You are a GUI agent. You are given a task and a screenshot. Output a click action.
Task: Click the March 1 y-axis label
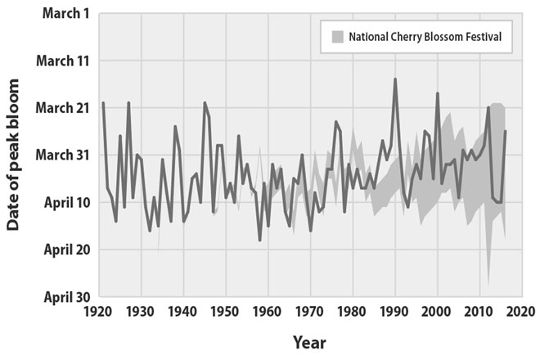57,14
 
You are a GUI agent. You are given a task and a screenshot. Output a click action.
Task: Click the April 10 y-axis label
56,201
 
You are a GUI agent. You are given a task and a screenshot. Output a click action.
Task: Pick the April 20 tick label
56,248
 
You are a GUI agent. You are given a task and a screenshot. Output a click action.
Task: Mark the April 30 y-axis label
56,295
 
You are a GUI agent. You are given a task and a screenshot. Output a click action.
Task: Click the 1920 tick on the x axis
99,312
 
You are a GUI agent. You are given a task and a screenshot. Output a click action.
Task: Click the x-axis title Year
310,341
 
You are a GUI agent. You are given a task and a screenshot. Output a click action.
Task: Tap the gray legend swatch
336,37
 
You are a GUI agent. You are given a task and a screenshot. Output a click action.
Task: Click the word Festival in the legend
477,37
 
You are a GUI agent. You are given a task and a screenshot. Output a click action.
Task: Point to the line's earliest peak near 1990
395,79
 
